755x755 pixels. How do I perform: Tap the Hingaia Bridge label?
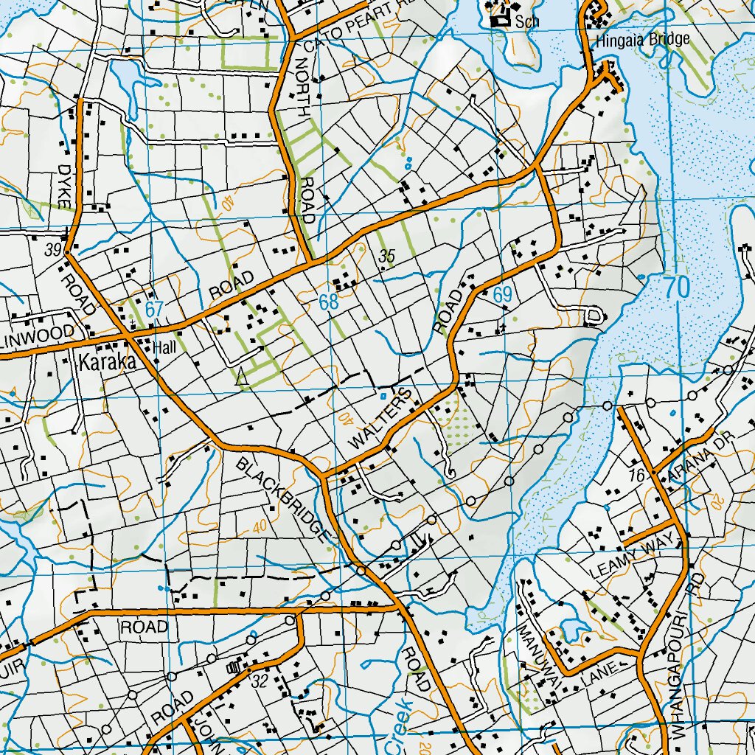pyautogui.click(x=644, y=39)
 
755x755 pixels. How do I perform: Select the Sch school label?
pyautogui.click(x=527, y=21)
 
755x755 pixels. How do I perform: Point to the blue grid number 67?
pyautogui.click(x=153, y=310)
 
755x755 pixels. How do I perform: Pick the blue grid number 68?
pyautogui.click(x=329, y=302)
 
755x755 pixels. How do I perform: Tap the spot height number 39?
pyautogui.click(x=52, y=250)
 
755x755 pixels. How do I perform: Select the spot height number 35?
pyautogui.click(x=387, y=257)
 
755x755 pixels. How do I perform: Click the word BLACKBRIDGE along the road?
pyautogui.click(x=282, y=499)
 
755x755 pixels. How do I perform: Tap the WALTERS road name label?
pyautogui.click(x=380, y=419)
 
